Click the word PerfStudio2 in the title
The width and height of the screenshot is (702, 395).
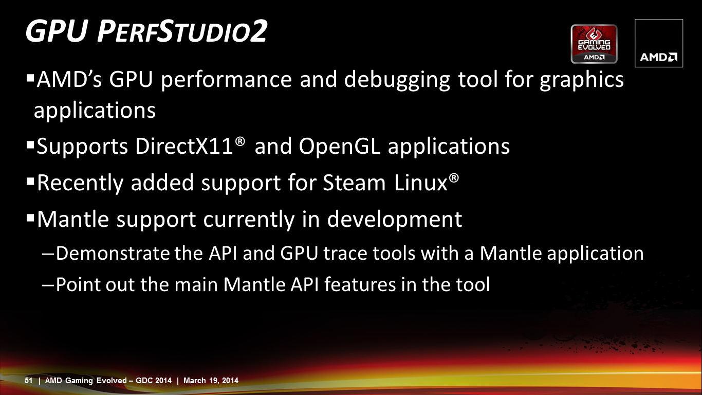pyautogui.click(x=182, y=31)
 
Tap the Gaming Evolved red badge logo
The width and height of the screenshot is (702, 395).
pyautogui.click(x=594, y=44)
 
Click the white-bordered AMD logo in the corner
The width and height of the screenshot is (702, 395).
pyautogui.click(x=659, y=43)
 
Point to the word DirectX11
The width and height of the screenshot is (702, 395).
pyautogui.click(x=184, y=146)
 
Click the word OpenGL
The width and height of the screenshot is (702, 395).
pyautogui.click(x=339, y=147)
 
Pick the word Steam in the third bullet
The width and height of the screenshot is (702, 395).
pyautogui.click(x=354, y=183)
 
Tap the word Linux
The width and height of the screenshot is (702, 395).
pyautogui.click(x=420, y=182)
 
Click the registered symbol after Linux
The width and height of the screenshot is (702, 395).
pyautogui.click(x=454, y=178)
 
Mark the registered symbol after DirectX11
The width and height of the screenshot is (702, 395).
pyautogui.click(x=240, y=141)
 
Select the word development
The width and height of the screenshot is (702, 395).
pyautogui.click(x=395, y=219)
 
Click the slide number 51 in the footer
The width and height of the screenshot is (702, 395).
pyautogui.click(x=28, y=381)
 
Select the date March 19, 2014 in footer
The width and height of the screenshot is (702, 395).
pyautogui.click(x=211, y=381)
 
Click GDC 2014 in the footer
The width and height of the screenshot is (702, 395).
pyautogui.click(x=154, y=381)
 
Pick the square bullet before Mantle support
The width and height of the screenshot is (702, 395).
pyautogui.click(x=30, y=218)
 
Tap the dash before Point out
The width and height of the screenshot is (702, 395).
pyautogui.click(x=48, y=285)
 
